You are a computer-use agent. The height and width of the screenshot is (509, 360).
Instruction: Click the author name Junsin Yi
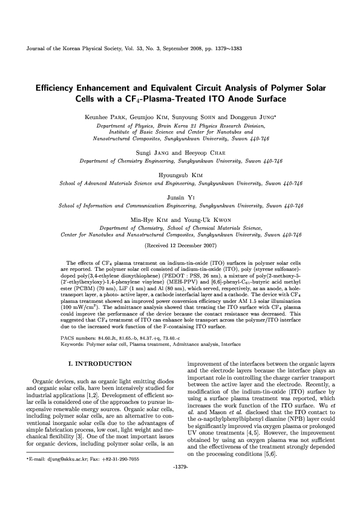tap(180, 198)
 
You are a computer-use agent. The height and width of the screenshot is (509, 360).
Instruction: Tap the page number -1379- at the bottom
tap(180, 484)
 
